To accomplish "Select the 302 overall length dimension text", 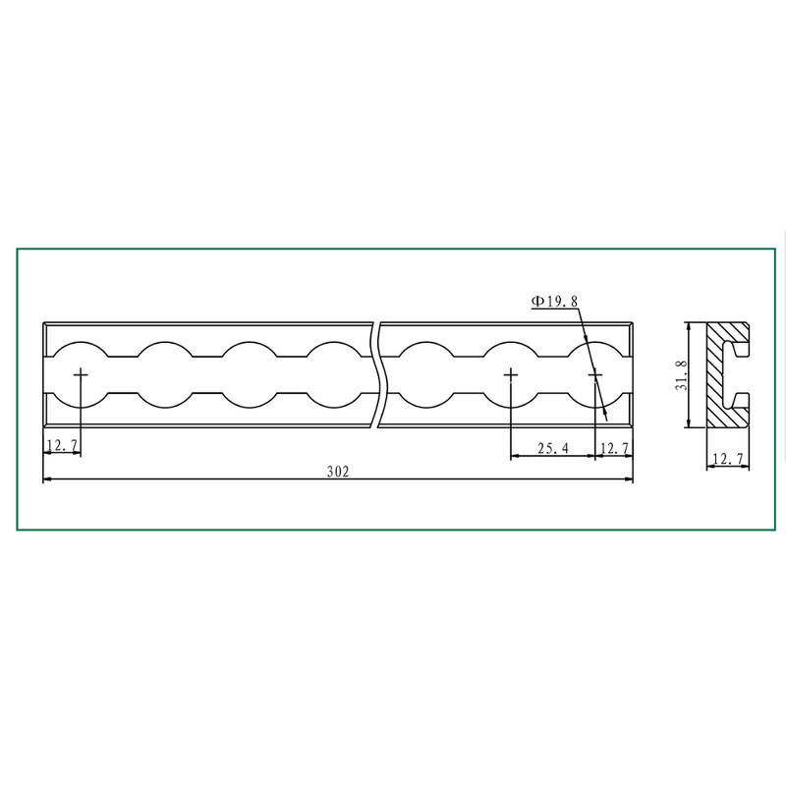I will point(338,472).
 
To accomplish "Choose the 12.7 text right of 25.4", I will point(614,448).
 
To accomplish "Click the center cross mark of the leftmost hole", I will point(80,374).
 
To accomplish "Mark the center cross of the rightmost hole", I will point(594,374).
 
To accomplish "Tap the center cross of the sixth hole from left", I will point(510,374).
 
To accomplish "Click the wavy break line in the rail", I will point(378,374).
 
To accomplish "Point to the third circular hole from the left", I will point(252,374).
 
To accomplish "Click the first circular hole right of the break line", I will point(424,374).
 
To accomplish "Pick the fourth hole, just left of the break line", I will point(337,374).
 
